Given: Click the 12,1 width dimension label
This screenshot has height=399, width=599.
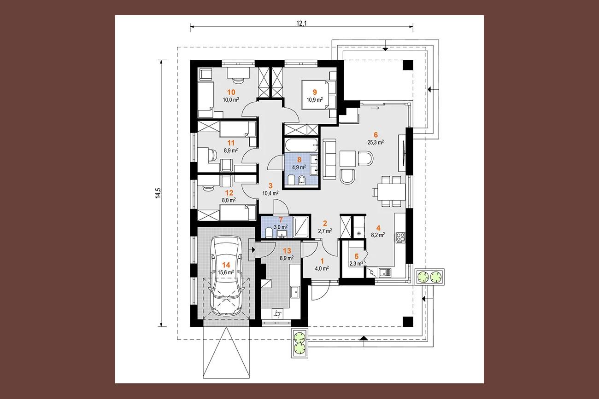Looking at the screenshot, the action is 301,23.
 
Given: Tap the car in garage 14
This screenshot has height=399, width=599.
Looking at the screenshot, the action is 226,276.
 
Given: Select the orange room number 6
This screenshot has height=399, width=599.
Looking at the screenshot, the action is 376,135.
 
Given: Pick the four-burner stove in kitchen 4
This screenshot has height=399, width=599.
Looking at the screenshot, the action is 400,237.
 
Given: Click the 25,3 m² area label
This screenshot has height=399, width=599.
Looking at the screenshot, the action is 376,142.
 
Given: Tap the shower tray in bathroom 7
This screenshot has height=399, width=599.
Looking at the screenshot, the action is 301,227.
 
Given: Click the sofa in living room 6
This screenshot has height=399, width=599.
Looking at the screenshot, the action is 329,159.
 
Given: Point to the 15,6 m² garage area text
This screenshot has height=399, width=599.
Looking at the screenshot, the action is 226,272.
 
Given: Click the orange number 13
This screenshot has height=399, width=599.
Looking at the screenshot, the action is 287,251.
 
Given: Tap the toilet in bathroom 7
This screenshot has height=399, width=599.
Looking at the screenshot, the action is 269,233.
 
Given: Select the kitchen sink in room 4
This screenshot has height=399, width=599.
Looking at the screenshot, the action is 385,273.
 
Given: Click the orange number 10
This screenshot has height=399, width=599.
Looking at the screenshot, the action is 231,92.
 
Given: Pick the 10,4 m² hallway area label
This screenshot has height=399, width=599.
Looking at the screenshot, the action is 270,193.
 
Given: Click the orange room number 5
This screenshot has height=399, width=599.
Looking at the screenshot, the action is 357,256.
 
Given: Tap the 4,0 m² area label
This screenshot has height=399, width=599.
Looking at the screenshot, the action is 322,268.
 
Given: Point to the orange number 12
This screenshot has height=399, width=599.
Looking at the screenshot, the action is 229,192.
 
